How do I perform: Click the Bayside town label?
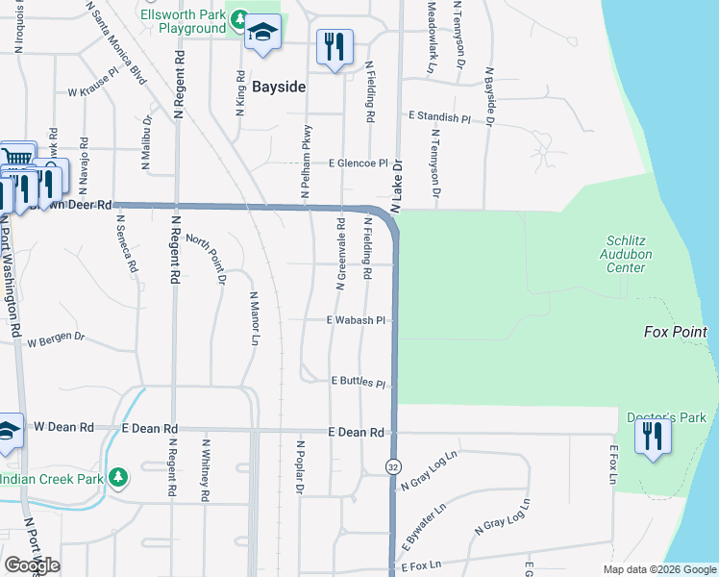(x=279, y=87)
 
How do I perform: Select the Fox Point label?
(x=675, y=332)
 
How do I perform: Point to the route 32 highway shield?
(x=393, y=466)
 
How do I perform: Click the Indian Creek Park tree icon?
(x=117, y=477)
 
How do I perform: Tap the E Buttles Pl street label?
(x=359, y=382)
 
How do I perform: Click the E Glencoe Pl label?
(x=359, y=163)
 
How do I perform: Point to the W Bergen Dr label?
(x=56, y=340)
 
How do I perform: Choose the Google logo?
(x=32, y=565)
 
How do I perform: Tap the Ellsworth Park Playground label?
(x=182, y=22)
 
